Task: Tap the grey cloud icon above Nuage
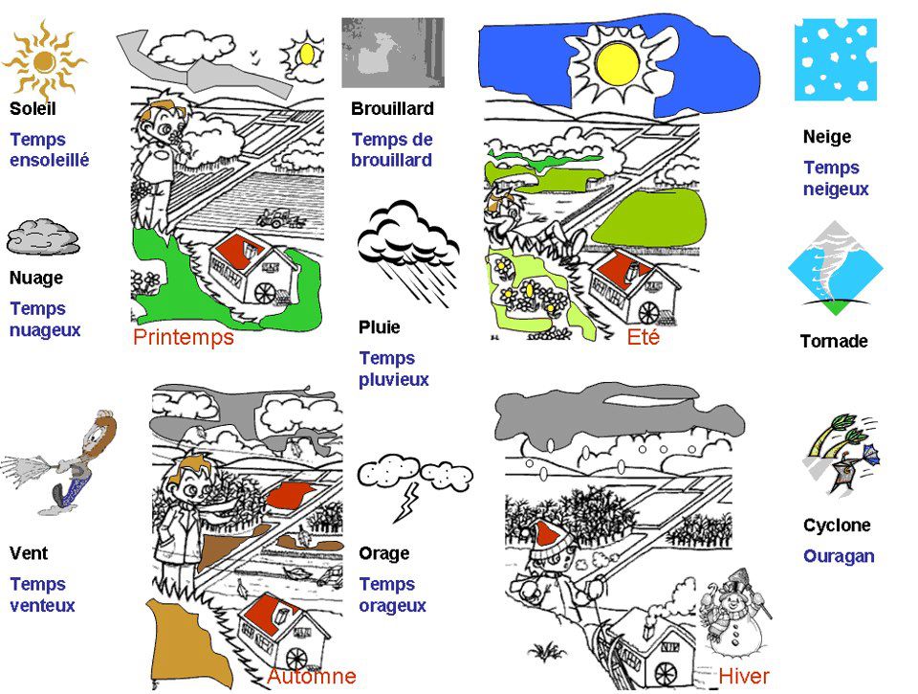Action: (x=42, y=236)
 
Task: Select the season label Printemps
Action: (x=183, y=337)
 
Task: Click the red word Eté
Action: (x=644, y=337)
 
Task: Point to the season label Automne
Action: (x=311, y=676)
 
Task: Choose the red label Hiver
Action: (x=743, y=676)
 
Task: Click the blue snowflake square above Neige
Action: (x=835, y=59)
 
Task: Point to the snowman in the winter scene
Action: (x=732, y=613)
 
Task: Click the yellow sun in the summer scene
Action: (x=615, y=62)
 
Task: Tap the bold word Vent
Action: (x=29, y=553)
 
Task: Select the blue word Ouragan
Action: (x=839, y=556)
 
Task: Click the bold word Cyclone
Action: (x=837, y=526)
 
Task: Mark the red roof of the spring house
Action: (x=239, y=251)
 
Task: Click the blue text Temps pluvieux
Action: (x=393, y=369)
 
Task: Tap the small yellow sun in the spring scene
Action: (x=307, y=54)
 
